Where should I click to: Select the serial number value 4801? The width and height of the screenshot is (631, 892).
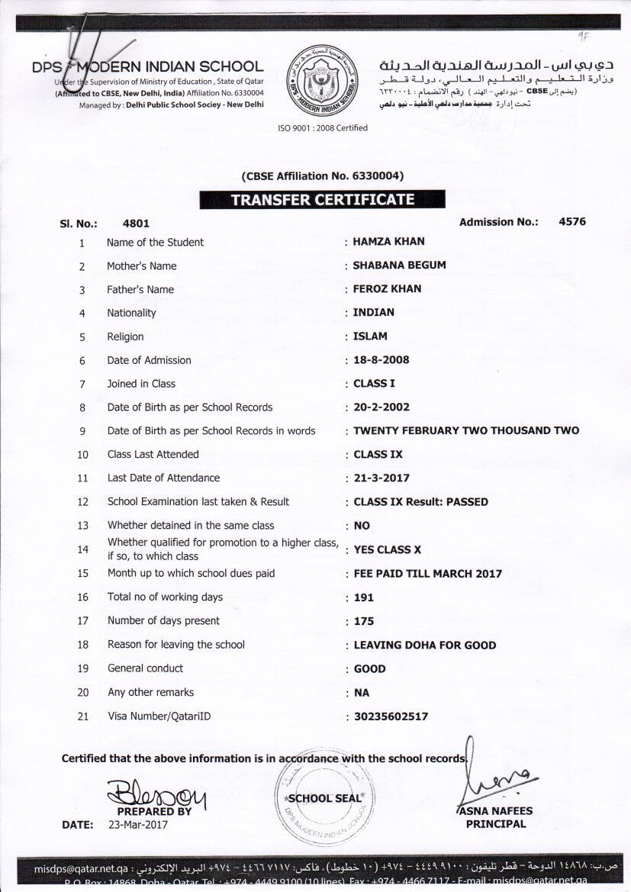(x=136, y=224)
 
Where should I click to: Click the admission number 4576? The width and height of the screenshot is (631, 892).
(x=572, y=222)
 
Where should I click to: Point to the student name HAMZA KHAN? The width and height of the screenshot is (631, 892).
(x=389, y=242)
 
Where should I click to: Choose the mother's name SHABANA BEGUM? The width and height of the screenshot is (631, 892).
(x=399, y=266)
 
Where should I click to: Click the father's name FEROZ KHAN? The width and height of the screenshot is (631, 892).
(x=387, y=289)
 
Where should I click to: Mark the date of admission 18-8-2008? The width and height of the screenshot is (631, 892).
(x=383, y=360)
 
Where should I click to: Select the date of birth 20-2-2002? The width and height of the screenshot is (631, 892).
(x=383, y=407)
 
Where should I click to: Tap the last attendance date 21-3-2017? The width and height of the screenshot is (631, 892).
(x=381, y=478)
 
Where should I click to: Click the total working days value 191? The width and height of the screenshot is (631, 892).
(x=364, y=597)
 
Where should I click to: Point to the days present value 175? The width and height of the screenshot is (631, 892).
(x=364, y=621)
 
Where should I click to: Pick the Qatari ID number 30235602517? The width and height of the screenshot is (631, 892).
(x=391, y=716)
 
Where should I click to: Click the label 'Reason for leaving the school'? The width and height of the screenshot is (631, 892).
(x=176, y=645)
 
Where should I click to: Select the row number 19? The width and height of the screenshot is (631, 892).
(x=83, y=668)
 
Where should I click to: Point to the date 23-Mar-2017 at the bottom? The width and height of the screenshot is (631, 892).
(x=138, y=825)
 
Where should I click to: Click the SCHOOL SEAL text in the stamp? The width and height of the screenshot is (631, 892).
(x=324, y=798)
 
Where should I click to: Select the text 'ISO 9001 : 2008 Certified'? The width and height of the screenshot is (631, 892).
(x=323, y=128)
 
